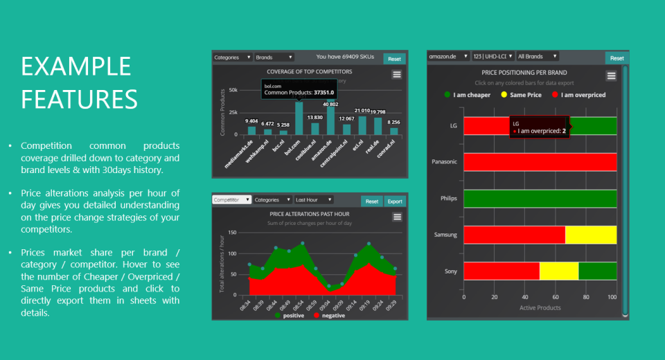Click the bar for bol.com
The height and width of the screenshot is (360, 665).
(x=299, y=118)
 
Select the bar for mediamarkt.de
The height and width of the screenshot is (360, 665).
(x=251, y=130)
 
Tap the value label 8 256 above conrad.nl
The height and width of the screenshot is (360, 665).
(x=393, y=122)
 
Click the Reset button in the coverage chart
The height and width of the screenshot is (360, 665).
(x=394, y=59)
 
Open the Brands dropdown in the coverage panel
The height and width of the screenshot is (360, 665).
(x=274, y=57)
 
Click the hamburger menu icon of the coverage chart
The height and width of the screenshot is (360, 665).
(x=397, y=75)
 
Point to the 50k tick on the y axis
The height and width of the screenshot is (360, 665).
(x=233, y=90)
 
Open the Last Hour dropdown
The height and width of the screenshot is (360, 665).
(x=314, y=200)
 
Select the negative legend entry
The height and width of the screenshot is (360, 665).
(x=328, y=316)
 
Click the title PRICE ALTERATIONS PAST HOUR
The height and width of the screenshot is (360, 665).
(x=309, y=214)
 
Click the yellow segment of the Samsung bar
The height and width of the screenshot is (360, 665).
(x=591, y=235)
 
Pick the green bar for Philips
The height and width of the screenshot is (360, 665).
(x=540, y=198)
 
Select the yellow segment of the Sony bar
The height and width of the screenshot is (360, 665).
(x=559, y=271)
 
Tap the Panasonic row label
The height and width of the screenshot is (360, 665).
(x=444, y=162)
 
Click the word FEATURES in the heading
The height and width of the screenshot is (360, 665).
(x=79, y=99)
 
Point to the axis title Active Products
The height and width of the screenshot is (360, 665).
(x=540, y=307)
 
